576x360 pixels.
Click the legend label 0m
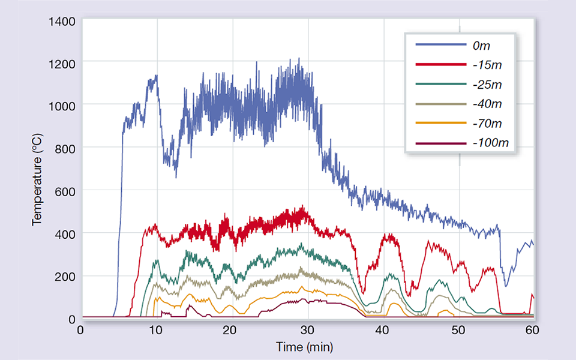[x=482, y=45]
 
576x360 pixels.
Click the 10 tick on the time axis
[x=156, y=329]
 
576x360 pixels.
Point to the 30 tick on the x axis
[x=307, y=329]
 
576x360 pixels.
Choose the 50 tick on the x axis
[x=458, y=329]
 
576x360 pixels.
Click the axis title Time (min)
[x=304, y=347]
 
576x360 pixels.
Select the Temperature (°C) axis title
[x=38, y=180]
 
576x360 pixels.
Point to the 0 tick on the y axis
[x=71, y=319]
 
